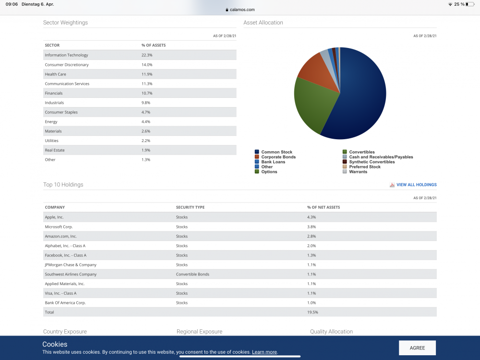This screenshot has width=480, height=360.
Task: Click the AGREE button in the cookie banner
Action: pyautogui.click(x=417, y=348)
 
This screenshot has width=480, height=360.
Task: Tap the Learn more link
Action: pyautogui.click(x=264, y=352)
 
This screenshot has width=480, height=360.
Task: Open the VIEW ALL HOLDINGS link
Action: pyautogui.click(x=416, y=185)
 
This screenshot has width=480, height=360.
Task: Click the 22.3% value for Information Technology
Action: pyautogui.click(x=147, y=55)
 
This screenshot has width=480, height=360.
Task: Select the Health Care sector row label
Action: pyautogui.click(x=56, y=74)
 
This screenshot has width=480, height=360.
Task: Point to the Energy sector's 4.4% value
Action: pyautogui.click(x=146, y=122)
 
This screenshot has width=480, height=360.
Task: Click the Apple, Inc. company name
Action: pyautogui.click(x=54, y=217)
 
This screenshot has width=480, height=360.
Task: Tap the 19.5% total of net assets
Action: pyautogui.click(x=312, y=312)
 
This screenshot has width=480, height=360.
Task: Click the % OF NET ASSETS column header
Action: pyautogui.click(x=324, y=207)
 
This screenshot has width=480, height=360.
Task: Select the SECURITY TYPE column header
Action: pyautogui.click(x=190, y=207)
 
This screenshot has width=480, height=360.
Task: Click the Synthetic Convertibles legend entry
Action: pyautogui.click(x=372, y=162)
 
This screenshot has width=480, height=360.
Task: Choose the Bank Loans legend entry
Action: pyautogui.click(x=273, y=162)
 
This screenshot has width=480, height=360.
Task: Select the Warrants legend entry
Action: pyautogui.click(x=358, y=172)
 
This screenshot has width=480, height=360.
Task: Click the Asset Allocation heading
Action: pyautogui.click(x=263, y=23)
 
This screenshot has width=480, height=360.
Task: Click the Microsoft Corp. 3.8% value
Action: pyautogui.click(x=312, y=227)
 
